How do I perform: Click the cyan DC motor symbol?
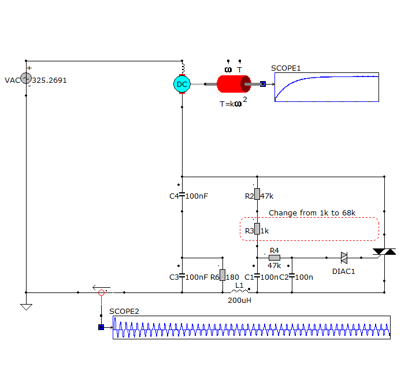[x=182, y=84]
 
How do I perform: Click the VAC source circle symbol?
[x=26, y=78]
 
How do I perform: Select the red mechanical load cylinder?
[x=234, y=84]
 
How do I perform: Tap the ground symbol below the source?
[x=26, y=307]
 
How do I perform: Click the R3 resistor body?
[x=257, y=229]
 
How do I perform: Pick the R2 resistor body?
[x=257, y=194]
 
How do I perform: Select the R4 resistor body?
[x=274, y=258]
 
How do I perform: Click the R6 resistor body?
[x=222, y=275]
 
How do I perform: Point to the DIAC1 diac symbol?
[x=344, y=258]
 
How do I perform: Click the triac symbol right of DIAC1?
[x=384, y=252]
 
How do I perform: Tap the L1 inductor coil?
[x=240, y=291]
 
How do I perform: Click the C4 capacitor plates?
[x=182, y=195]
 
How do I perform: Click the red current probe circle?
[x=102, y=292]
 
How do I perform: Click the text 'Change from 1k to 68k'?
[x=312, y=213]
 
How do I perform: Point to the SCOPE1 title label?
[x=285, y=68]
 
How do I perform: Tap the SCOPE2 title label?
[x=124, y=311]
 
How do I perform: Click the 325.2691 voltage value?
[x=49, y=80]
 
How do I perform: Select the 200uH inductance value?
[x=239, y=300]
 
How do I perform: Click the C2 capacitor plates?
[x=292, y=276]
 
